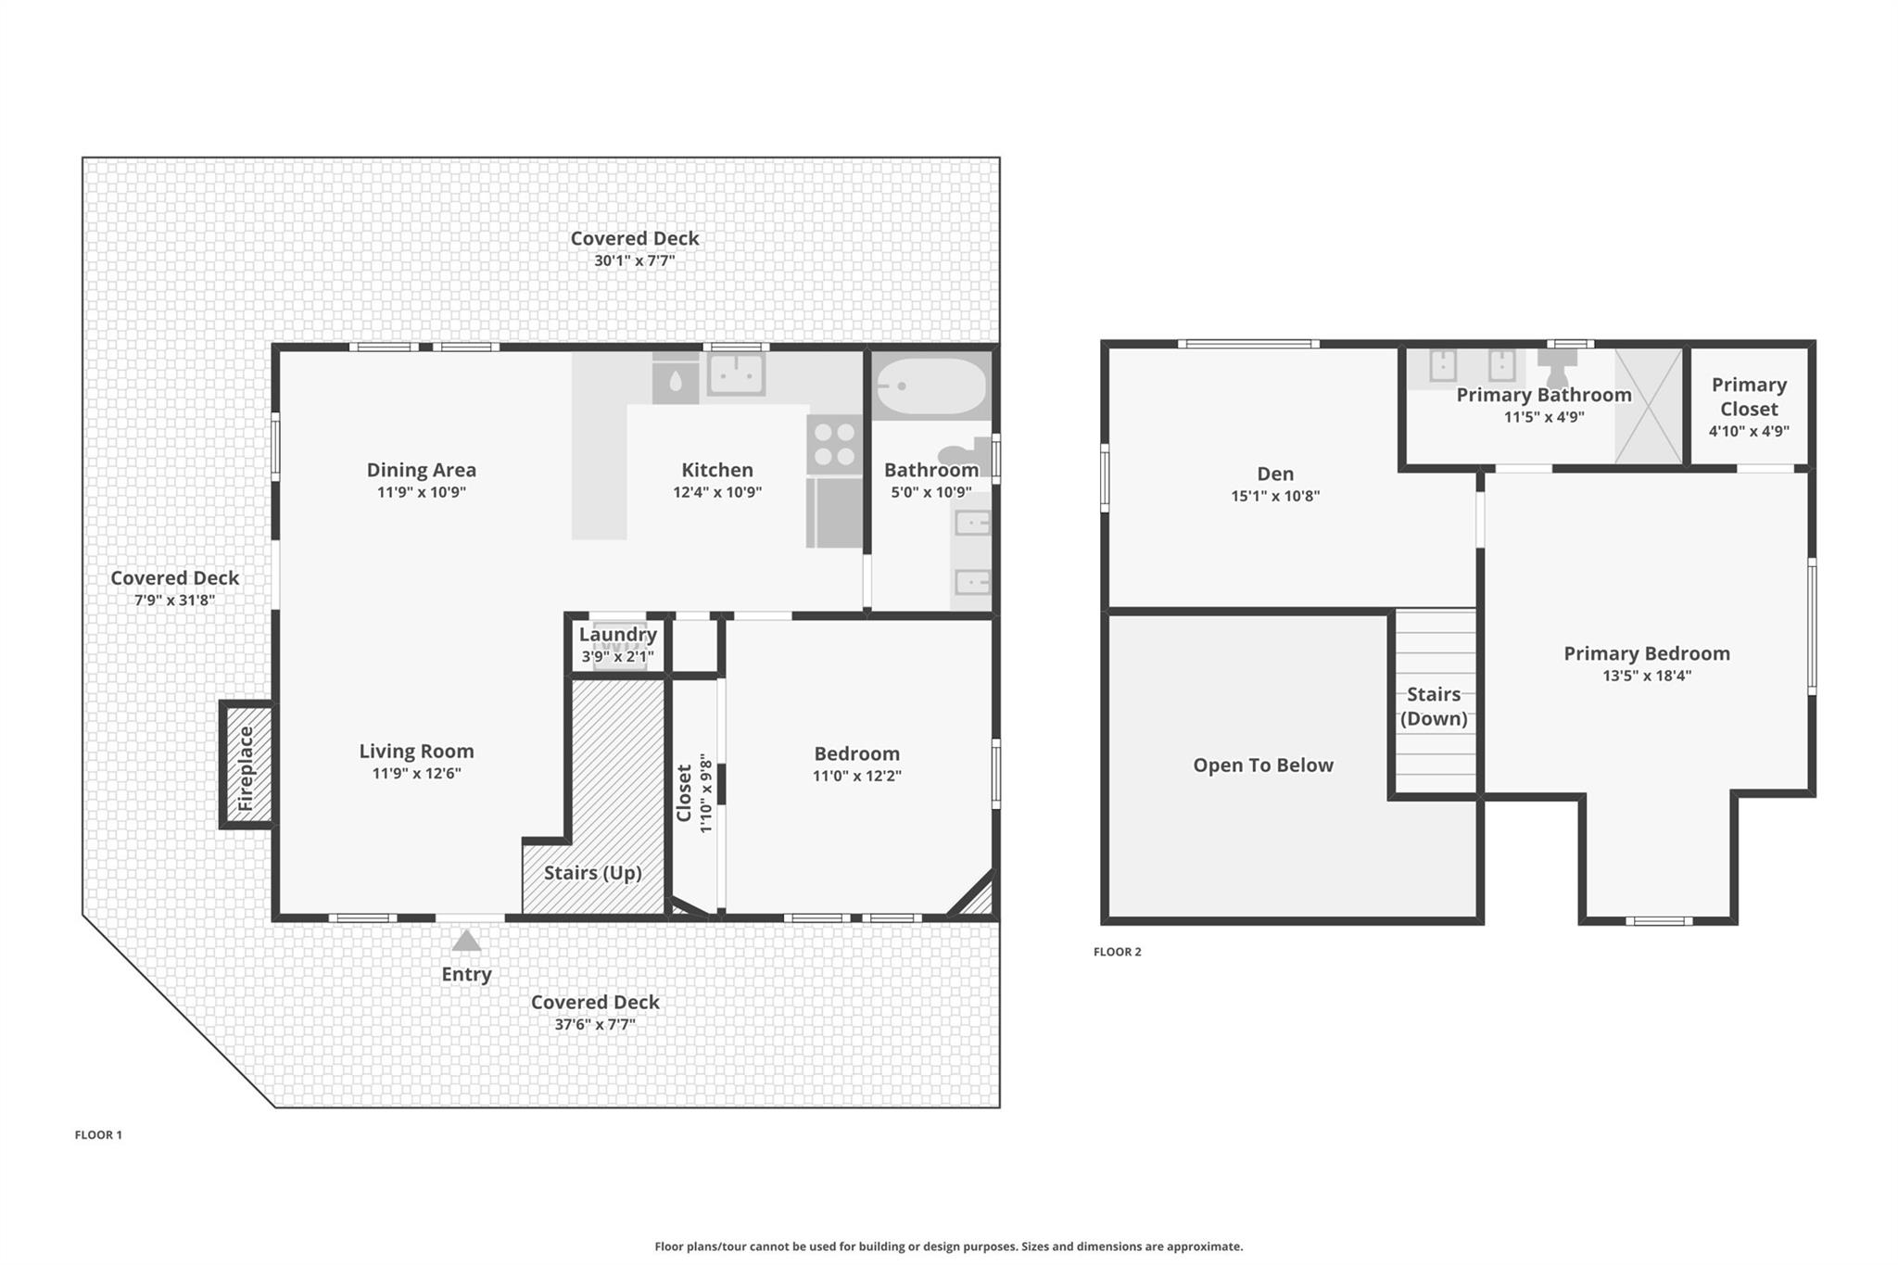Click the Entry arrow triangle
tap(466, 942)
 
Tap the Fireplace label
tap(247, 768)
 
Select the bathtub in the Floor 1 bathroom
tap(931, 386)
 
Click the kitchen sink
tap(736, 374)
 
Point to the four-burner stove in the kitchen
tap(834, 445)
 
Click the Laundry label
tap(617, 635)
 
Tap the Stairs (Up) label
tap(592, 873)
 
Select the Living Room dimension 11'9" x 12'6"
tap(416, 774)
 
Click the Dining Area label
tap(421, 470)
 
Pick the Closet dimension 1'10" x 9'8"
tap(706, 792)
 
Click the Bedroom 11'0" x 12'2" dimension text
tap(856, 776)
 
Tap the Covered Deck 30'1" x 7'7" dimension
tap(634, 261)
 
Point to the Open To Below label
tap(1262, 765)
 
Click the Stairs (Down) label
tap(1434, 706)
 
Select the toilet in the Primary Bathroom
tap(1558, 366)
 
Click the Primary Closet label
tap(1749, 397)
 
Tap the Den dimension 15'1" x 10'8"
tap(1275, 496)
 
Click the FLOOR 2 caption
tap(1117, 952)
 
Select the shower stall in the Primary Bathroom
tap(1648, 406)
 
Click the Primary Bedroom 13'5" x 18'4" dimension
tap(1647, 676)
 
